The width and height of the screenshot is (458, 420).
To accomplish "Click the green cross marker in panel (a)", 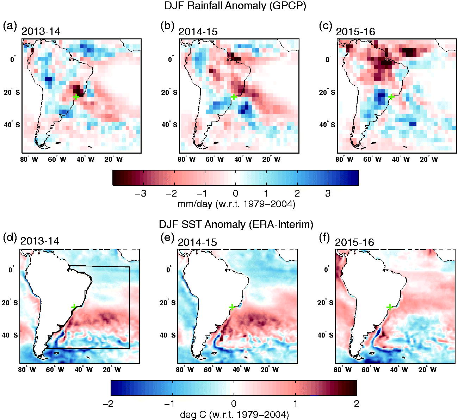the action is click(76, 97).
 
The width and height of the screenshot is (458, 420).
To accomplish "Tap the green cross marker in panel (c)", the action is click(391, 97).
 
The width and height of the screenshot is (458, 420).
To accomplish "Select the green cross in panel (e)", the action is click(232, 307).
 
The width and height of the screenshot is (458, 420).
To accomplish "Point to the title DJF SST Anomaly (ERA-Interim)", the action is click(236, 224).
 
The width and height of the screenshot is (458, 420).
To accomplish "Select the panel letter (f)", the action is click(325, 238).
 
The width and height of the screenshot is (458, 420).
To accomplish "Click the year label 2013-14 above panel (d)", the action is click(40, 241).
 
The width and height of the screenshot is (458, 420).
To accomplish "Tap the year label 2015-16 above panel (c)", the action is click(355, 31).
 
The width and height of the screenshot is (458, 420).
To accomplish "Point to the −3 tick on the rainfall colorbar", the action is click(141, 194).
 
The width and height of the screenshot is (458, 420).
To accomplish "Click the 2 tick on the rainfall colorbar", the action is click(297, 194).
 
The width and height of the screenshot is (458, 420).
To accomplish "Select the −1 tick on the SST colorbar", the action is click(170, 404).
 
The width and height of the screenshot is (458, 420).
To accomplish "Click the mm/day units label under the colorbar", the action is click(236, 204).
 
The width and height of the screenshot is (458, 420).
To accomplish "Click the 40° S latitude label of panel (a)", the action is click(12, 125).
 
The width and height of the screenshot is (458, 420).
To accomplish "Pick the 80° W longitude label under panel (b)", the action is click(186, 159).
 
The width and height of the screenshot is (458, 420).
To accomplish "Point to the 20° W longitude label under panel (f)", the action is click(427, 370).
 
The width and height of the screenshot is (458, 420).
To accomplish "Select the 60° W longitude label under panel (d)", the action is click(55, 370).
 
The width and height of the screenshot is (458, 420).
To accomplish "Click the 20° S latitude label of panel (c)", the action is click(327, 93).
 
